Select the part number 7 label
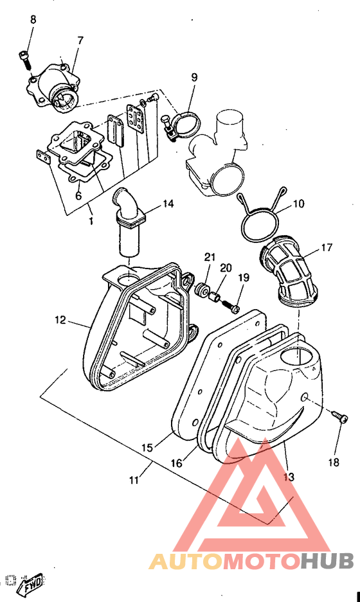80,40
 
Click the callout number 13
289,477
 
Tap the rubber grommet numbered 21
201,290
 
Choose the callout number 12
60,319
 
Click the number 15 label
147,447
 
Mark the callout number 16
176,463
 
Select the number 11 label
134,479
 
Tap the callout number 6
78,196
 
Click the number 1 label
91,222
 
